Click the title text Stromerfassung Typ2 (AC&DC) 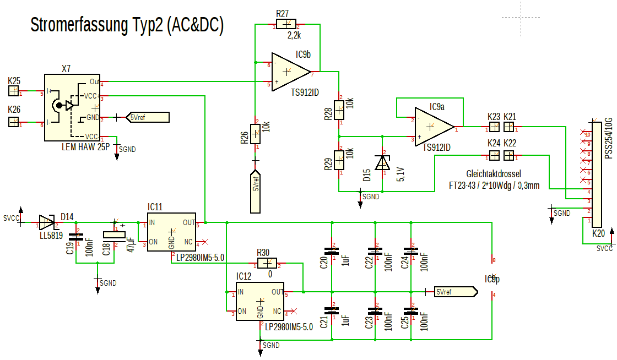(127, 25)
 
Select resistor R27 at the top (286, 24)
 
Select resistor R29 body (339, 161)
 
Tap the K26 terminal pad (14, 123)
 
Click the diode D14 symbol (47, 222)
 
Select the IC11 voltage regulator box (171, 232)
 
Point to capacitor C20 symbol (332, 251)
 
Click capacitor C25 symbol (410, 311)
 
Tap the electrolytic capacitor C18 (115, 234)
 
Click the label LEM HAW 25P (86, 148)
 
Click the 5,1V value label (401, 174)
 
